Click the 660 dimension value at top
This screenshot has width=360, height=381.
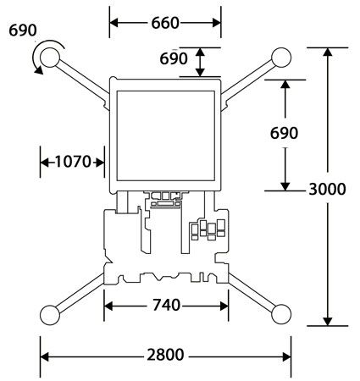165,23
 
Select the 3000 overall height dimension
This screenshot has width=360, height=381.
327,189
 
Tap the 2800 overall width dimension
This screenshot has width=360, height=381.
165,355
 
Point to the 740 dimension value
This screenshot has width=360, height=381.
166,305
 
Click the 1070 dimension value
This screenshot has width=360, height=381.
73,162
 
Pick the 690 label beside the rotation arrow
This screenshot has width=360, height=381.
23,30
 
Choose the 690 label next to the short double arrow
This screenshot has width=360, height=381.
174,58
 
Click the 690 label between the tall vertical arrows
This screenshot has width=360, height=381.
284,133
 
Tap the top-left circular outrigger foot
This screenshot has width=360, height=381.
50,58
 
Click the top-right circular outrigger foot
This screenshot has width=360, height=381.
281,58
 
